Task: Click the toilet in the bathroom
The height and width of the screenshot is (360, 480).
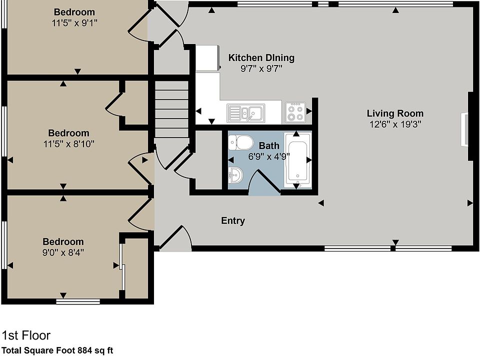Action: [x=239, y=142]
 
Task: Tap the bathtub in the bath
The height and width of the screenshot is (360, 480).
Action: [x=297, y=160]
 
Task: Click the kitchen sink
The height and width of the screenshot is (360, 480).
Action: [x=246, y=113]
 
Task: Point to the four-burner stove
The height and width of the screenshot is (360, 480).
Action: [x=295, y=112]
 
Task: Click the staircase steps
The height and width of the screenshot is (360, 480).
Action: [x=171, y=110]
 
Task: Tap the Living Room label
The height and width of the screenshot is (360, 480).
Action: [x=395, y=113]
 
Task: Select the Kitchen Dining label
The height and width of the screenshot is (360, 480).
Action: [x=261, y=58]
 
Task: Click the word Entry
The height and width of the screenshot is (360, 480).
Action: [x=233, y=220]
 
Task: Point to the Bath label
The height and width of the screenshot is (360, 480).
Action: [x=269, y=146]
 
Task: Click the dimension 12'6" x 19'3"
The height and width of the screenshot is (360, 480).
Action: [x=395, y=124]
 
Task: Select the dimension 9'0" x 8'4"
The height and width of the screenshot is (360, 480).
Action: [x=63, y=252]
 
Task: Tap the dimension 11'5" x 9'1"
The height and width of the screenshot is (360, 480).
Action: [x=74, y=22]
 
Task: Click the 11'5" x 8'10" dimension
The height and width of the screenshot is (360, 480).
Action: [x=69, y=144]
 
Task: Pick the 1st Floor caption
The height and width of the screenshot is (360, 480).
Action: [x=26, y=335]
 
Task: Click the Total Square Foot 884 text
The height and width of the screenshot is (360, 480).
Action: [x=57, y=350]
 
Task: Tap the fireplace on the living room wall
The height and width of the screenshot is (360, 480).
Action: [x=464, y=129]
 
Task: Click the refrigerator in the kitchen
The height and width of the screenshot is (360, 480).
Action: [x=207, y=58]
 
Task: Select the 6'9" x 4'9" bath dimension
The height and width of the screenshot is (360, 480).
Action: [x=269, y=156]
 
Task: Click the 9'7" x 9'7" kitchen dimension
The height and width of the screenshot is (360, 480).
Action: [x=261, y=69]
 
